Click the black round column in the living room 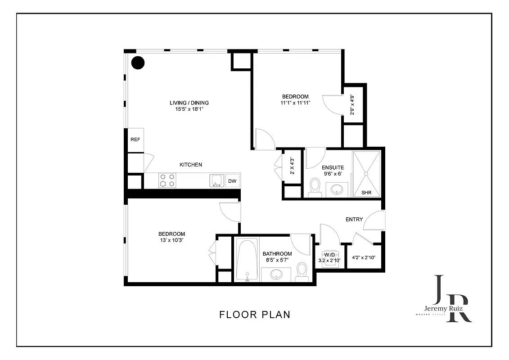pos(138,63)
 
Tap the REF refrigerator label pos(135,139)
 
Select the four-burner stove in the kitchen pos(167,180)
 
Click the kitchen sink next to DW pos(216,180)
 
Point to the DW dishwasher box pos(232,181)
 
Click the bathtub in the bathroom pos(246,260)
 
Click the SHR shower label pos(367,193)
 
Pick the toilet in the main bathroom pos(302,271)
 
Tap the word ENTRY pos(354,219)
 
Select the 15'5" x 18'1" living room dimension pos(189,109)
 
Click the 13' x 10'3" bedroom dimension pos(171,240)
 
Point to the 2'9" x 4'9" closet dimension pos(352,104)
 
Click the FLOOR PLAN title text pos(255,315)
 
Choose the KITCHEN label pos(191,165)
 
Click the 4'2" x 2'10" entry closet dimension pos(365,258)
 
